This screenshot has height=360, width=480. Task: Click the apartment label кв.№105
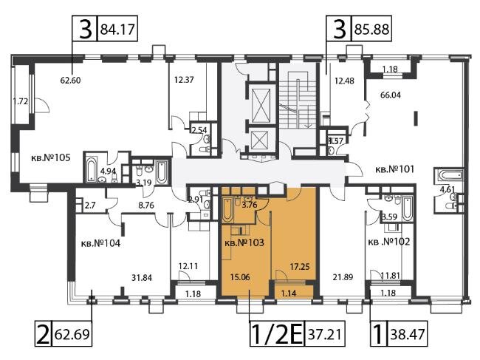click(x=51, y=157)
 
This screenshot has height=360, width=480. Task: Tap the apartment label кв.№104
click(x=100, y=244)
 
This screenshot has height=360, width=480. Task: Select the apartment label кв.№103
click(x=244, y=242)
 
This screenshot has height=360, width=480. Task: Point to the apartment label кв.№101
click(x=394, y=169)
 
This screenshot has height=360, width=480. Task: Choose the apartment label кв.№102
click(x=388, y=242)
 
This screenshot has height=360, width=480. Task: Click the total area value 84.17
click(x=117, y=30)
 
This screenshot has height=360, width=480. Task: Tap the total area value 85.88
click(x=371, y=30)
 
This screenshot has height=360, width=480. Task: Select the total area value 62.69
click(x=72, y=333)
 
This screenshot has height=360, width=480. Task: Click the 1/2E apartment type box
click(x=277, y=333)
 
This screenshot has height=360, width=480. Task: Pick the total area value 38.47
click(x=408, y=333)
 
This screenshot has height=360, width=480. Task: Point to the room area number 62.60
click(x=70, y=81)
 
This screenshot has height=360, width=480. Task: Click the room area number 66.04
click(x=391, y=95)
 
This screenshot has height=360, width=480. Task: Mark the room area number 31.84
click(x=142, y=278)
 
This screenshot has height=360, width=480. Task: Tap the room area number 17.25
click(x=300, y=267)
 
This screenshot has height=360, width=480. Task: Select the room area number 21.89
click(x=343, y=277)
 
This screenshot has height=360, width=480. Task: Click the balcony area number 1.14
click(x=288, y=293)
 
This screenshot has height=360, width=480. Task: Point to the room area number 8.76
click(x=146, y=205)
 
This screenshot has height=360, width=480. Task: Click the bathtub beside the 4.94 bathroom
click(x=92, y=169)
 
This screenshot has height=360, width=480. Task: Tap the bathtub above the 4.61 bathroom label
click(x=448, y=176)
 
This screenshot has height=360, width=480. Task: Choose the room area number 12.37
click(x=184, y=80)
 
